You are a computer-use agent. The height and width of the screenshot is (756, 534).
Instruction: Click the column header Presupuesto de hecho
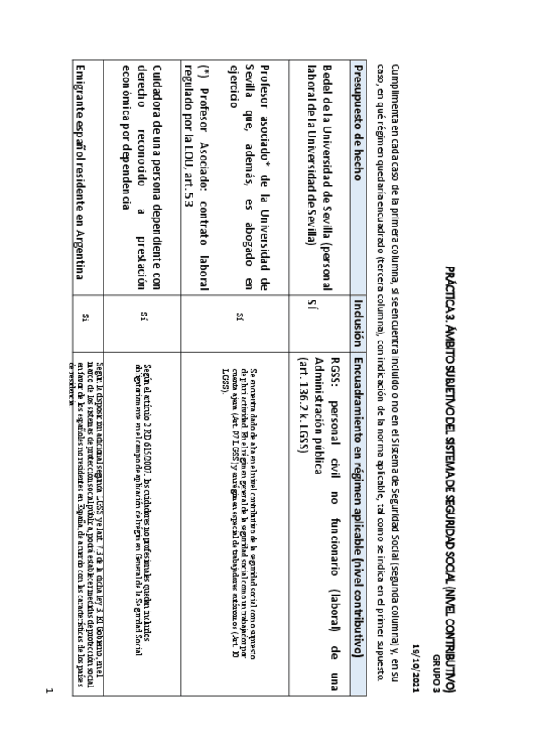click(357, 123)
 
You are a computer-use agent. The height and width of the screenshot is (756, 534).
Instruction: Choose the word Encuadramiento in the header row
click(357, 392)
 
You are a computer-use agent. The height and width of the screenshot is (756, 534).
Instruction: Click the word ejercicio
click(234, 93)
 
